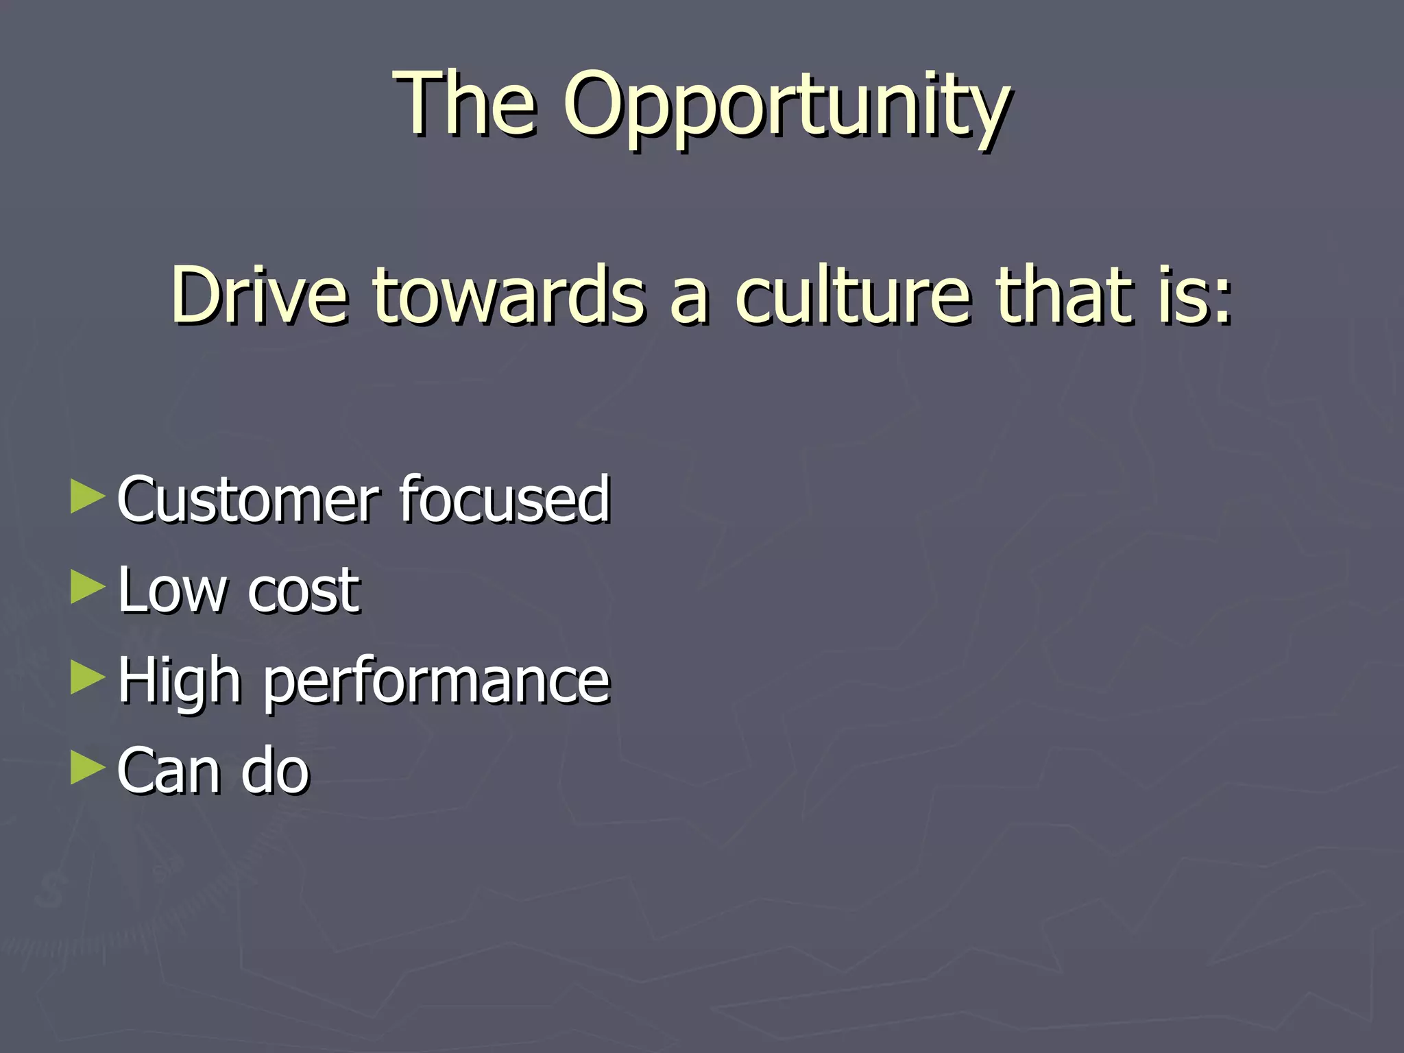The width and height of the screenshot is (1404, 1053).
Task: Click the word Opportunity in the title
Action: click(x=786, y=106)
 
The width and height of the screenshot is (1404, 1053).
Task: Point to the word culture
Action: click(x=854, y=295)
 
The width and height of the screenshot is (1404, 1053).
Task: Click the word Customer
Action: click(x=248, y=499)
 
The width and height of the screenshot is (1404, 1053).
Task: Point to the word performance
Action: click(x=437, y=683)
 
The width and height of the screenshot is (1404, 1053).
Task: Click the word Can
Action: click(x=168, y=771)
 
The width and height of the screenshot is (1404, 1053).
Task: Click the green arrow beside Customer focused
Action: click(x=88, y=496)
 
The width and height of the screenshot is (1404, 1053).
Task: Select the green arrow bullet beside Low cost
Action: click(x=88, y=588)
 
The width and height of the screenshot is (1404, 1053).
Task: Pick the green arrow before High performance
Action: click(x=88, y=677)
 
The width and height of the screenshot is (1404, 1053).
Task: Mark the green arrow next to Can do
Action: click(x=88, y=767)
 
